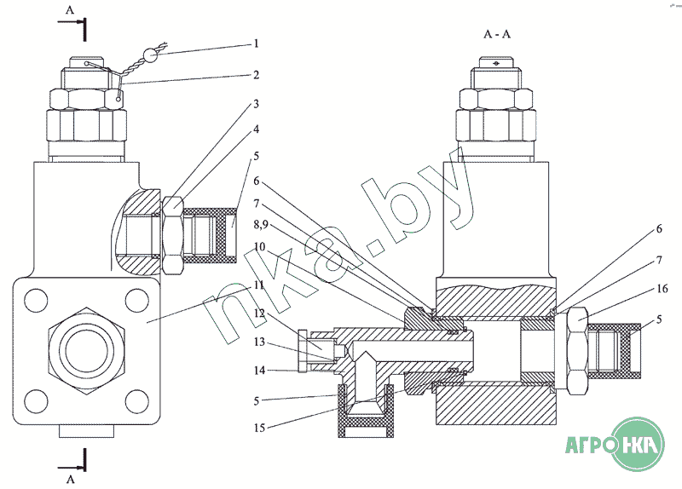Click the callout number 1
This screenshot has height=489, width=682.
coord(257,43)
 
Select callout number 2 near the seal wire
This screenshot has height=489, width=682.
coord(257,75)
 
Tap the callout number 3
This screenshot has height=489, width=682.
coord(257,104)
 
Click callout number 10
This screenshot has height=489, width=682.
coord(260,247)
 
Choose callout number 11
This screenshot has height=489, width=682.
coord(259,285)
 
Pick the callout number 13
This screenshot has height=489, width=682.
coord(259,342)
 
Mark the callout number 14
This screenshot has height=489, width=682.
coord(259,371)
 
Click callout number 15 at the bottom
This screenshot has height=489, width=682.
coord(259,428)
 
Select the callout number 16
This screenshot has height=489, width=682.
coord(662,289)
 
